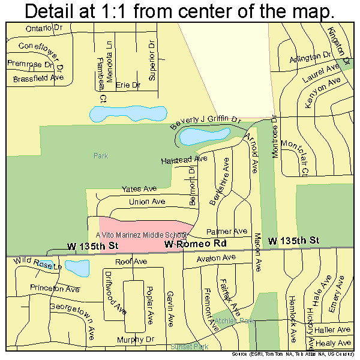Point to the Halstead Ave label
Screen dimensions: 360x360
tap(184, 160)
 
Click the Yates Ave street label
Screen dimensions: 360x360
tap(139, 188)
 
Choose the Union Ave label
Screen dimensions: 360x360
tap(146, 202)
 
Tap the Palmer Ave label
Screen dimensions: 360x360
tap(227, 231)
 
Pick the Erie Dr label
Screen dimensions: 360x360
tap(127, 85)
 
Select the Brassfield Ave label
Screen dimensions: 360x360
tap(35, 78)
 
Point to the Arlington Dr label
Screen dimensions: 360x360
tap(310, 58)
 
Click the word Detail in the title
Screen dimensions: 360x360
tap(55, 11)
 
